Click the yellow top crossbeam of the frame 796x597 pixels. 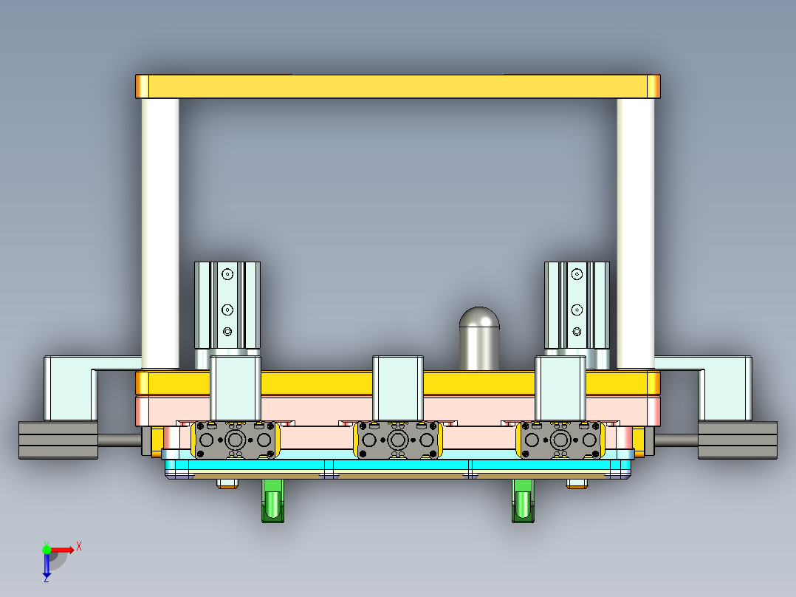[397, 86]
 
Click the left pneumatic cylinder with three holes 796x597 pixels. [227, 304]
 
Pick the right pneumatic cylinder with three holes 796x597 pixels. [577, 304]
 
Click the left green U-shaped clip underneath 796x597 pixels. [274, 500]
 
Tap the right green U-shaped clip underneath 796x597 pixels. [524, 500]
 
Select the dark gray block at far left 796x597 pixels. [58, 440]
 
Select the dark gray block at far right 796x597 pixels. [737, 440]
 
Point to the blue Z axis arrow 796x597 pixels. [47, 565]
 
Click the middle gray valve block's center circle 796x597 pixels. [398, 440]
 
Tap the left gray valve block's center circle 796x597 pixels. [236, 440]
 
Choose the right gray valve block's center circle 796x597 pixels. [560, 440]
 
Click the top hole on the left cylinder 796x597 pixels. [227, 274]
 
